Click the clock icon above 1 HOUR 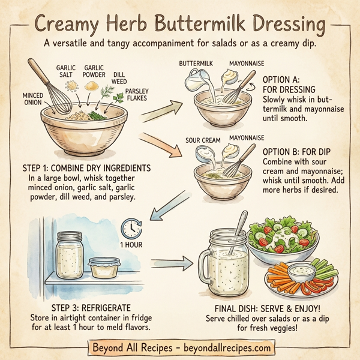point(131,227)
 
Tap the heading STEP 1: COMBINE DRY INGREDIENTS point(86,168)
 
